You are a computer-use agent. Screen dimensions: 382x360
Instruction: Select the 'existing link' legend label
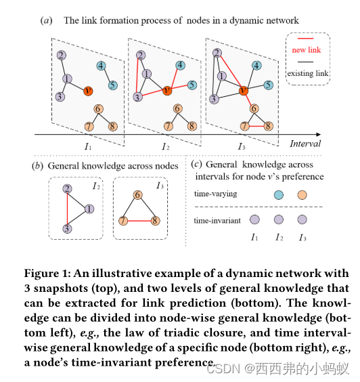[309, 72]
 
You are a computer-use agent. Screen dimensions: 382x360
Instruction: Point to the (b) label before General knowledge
[39, 165]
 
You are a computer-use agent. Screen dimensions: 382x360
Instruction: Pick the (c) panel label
[196, 164]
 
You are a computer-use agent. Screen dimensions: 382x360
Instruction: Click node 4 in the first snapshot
[101, 66]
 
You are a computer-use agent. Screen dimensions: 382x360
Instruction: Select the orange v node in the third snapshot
[244, 90]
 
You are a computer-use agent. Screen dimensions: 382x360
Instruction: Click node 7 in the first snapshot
[89, 126]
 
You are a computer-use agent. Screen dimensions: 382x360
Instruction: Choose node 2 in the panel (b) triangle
[66, 190]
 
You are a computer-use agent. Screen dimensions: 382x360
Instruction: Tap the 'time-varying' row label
[213, 194]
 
